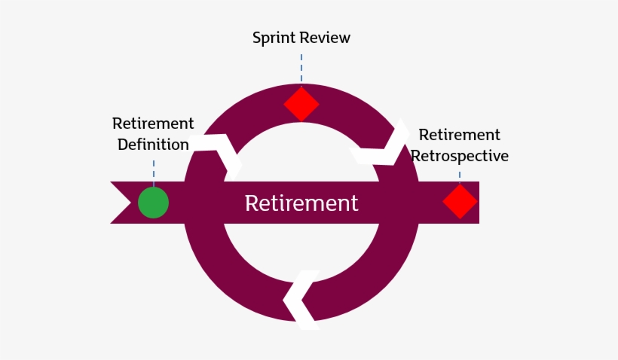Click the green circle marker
point(153,203)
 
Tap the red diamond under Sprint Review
point(301,104)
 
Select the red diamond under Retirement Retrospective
point(460,202)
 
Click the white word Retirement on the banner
point(301,203)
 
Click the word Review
point(327,38)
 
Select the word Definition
point(153,144)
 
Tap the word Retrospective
point(460,156)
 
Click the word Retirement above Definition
point(153,123)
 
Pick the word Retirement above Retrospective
point(459,135)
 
